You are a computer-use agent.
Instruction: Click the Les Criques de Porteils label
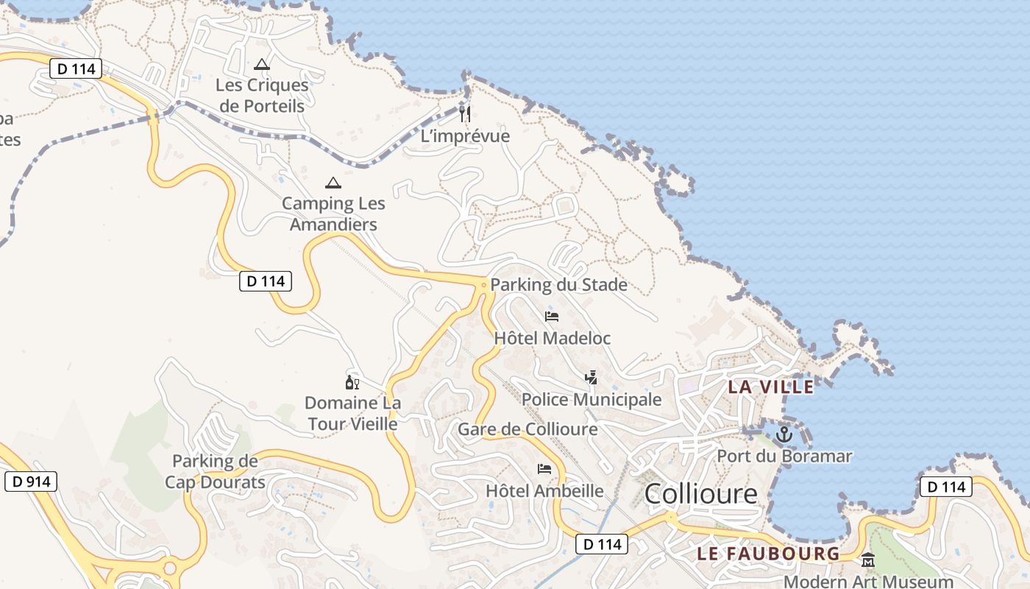[262, 96]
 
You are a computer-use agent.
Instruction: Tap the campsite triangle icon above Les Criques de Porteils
[262, 64]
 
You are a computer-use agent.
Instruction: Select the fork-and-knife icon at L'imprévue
[465, 113]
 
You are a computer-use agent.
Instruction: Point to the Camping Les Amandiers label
[333, 214]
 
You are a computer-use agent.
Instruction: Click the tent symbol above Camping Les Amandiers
[333, 183]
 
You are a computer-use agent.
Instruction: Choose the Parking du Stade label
[558, 285]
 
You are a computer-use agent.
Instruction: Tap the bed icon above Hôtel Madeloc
[552, 317]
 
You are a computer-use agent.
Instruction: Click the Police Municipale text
[592, 400]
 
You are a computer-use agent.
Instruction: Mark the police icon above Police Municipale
[591, 378]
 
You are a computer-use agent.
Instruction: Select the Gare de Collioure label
[528, 429]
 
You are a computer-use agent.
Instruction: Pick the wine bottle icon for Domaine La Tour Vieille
[352, 382]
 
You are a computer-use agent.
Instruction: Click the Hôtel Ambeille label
[544, 491]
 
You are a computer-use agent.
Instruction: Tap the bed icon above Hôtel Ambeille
[544, 468]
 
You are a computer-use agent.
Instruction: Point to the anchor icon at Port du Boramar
[784, 434]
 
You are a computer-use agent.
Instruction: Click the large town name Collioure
[700, 494]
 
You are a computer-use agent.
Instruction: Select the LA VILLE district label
[771, 387]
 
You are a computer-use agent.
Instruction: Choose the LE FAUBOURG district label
[767, 554]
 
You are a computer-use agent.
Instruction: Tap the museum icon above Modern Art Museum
[867, 560]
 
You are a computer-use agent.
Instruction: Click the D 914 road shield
[31, 482]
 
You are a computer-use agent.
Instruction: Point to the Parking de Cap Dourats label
[215, 472]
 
